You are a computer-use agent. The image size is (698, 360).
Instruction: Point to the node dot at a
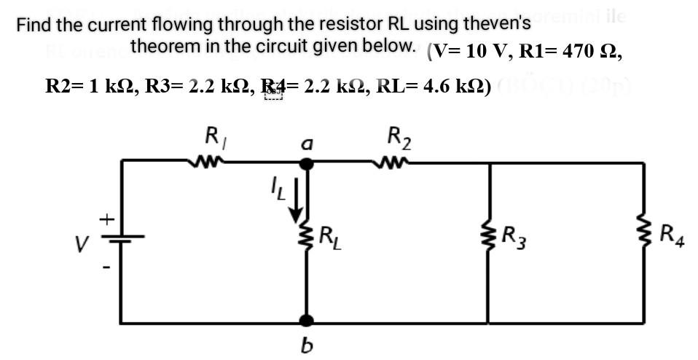coord(307,163)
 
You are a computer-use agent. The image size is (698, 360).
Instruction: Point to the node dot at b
coord(307,320)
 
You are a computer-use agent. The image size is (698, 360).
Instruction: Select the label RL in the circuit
coord(329,235)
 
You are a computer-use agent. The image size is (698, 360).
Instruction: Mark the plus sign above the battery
coord(106,217)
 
